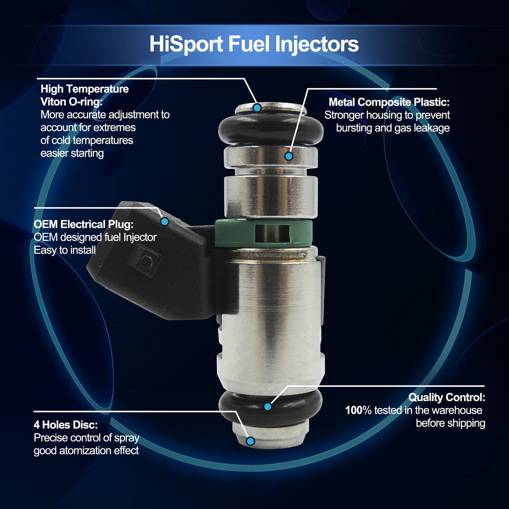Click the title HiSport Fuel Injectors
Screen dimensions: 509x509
[254, 44]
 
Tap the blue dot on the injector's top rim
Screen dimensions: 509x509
[257, 107]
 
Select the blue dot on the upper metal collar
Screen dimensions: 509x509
[289, 156]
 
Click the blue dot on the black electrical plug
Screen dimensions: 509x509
[165, 221]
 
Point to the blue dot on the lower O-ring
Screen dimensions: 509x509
[267, 406]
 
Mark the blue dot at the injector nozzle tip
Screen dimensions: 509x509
[250, 441]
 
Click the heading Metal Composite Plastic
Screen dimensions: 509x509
[389, 102]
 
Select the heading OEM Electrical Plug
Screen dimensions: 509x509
[83, 224]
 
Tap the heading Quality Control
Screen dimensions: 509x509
[446, 397]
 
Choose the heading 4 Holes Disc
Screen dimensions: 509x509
[66, 425]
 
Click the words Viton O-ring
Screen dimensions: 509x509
[72, 102]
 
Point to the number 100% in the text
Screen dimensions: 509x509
[358, 410]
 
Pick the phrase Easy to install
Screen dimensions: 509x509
[65, 250]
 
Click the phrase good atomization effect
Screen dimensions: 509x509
[86, 451]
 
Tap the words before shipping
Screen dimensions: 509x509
[450, 423]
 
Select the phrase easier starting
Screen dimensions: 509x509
[72, 153]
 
